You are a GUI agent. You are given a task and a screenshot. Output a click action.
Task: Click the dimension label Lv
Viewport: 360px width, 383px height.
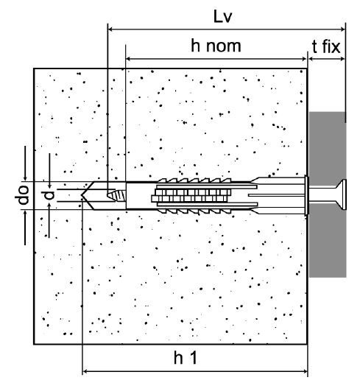click(x=222, y=17)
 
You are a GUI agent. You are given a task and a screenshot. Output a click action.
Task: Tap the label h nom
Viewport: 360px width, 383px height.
click(x=216, y=46)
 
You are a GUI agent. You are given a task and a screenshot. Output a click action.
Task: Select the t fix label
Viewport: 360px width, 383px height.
click(x=326, y=46)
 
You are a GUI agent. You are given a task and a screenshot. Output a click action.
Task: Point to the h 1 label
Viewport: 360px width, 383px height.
click(x=186, y=357)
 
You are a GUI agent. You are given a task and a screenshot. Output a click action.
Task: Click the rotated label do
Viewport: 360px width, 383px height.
click(x=22, y=195)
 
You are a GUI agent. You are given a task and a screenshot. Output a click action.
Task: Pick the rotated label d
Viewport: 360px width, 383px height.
click(x=48, y=195)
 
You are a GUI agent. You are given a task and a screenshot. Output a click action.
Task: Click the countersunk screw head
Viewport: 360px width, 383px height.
click(x=341, y=194)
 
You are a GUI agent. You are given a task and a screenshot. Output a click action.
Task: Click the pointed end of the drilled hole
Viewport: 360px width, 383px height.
click(x=81, y=195)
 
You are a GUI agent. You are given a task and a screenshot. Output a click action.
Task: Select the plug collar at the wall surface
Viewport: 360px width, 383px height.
click(x=306, y=195)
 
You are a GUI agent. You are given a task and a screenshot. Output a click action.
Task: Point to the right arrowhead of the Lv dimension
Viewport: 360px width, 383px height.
click(x=343, y=29)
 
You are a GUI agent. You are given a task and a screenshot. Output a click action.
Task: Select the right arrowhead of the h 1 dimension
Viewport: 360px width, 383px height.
click(x=305, y=371)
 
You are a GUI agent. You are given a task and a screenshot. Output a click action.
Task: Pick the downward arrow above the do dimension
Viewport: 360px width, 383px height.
click(x=25, y=164)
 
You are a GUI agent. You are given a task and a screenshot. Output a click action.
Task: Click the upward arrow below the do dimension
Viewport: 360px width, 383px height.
click(x=25, y=228)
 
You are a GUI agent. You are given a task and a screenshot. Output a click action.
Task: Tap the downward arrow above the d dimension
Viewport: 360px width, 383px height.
click(x=49, y=171)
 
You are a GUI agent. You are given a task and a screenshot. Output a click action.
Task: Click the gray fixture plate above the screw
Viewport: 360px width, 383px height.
click(x=328, y=145)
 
